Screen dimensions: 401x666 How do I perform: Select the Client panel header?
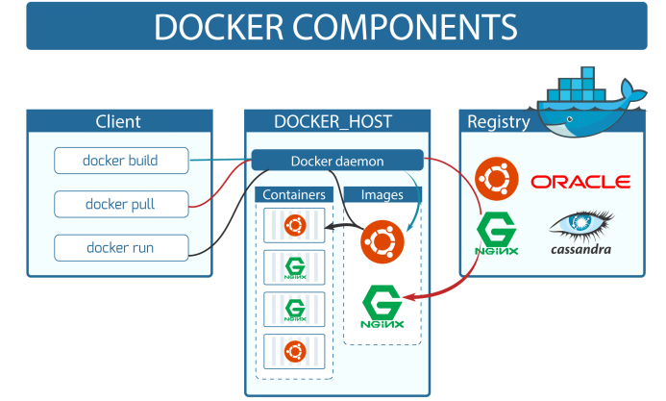click(118, 121)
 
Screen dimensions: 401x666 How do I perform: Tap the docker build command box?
click(120, 160)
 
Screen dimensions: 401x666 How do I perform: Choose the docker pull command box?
click(120, 204)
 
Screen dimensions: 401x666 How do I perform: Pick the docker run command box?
click(120, 247)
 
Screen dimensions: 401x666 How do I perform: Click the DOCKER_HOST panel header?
click(333, 121)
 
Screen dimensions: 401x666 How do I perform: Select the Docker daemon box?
click(337, 161)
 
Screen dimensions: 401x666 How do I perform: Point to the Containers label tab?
click(295, 195)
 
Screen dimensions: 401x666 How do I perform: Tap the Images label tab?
click(382, 195)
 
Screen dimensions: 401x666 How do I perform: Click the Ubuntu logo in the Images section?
click(382, 240)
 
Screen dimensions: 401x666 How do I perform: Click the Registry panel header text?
click(498, 121)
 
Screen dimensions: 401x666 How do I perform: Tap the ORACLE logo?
click(580, 181)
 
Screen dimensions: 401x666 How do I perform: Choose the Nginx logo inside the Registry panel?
click(497, 235)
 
